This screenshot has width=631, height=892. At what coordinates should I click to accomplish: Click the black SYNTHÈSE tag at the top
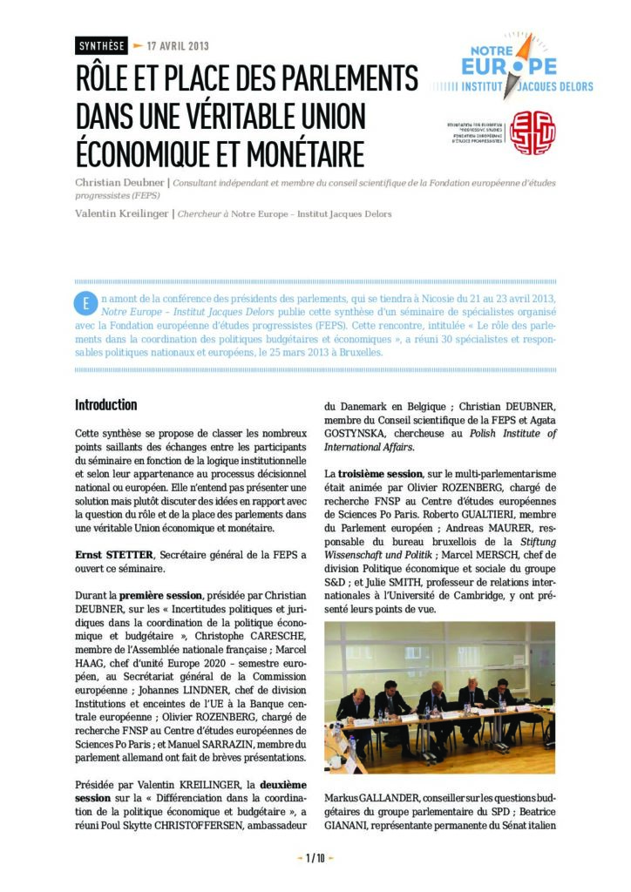[101, 45]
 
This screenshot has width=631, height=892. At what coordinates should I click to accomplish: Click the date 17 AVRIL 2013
[178, 45]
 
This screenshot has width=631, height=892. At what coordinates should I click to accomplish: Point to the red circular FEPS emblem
[532, 132]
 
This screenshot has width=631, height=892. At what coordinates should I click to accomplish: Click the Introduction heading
[105, 405]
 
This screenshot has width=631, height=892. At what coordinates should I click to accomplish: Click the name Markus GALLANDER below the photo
[364, 798]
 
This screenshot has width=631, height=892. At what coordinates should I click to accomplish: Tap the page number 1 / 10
[315, 859]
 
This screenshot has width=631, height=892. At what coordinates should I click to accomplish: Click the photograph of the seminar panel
[439, 698]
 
